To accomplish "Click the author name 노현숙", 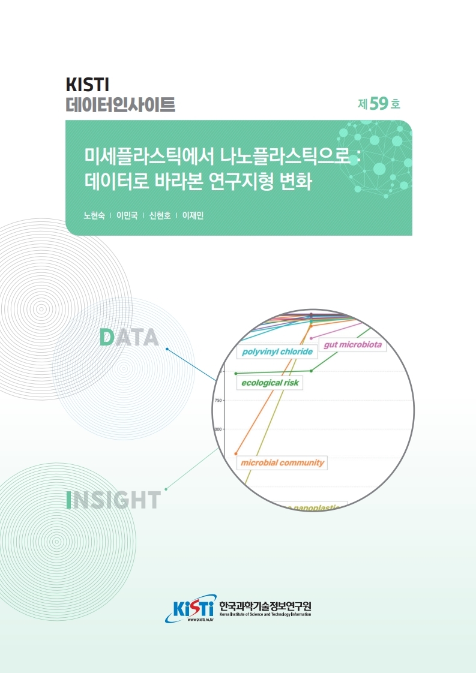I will click(94, 216).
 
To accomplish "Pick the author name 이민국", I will click(127, 216).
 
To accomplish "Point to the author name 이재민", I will click(193, 216).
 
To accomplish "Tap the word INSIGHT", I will click(113, 500).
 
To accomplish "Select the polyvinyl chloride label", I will click(277, 351).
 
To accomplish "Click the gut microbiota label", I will click(352, 345).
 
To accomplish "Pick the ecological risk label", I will click(270, 382).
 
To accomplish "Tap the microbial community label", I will click(282, 462).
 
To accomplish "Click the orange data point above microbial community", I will click(236, 453).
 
